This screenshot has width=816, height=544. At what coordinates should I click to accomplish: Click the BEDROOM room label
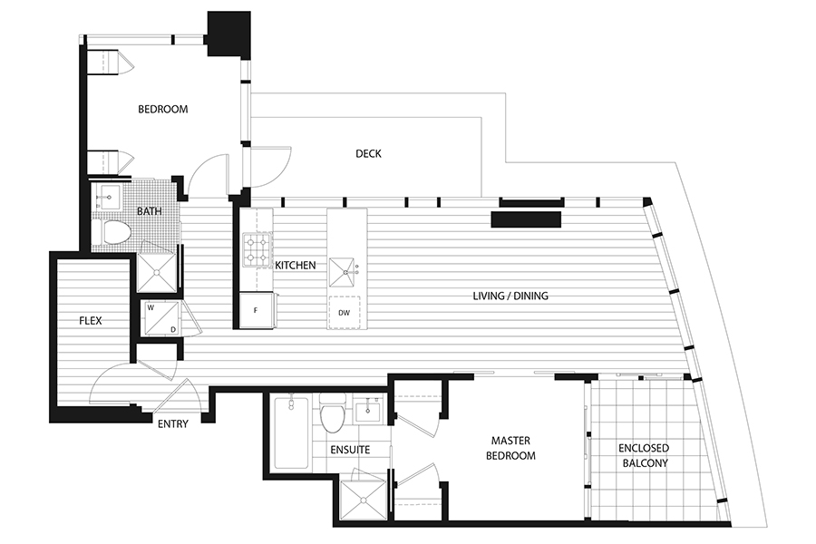(163, 110)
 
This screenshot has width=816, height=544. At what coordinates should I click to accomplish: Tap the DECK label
(368, 153)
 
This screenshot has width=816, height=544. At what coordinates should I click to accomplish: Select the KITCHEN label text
(295, 265)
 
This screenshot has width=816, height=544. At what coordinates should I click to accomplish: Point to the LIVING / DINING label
(510, 296)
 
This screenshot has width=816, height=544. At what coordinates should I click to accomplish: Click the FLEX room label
(91, 321)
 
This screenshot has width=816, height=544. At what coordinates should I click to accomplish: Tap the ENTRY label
(173, 423)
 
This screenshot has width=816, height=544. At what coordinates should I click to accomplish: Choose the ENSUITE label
(350, 450)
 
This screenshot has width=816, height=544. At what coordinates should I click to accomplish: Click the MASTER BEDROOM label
(510, 448)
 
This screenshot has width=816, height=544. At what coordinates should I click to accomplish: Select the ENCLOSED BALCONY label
(645, 455)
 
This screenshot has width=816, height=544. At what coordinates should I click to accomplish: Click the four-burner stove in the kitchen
(258, 248)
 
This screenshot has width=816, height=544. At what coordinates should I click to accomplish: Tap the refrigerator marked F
(256, 311)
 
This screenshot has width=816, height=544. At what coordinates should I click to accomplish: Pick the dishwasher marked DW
(344, 312)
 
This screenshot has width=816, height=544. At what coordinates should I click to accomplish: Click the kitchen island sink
(342, 271)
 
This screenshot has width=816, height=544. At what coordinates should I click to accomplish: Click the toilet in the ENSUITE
(333, 413)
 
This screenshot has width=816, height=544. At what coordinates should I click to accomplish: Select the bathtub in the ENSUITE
(291, 433)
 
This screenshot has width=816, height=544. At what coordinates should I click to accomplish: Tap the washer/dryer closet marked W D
(162, 318)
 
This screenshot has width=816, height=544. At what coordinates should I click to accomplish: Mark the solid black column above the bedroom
(229, 34)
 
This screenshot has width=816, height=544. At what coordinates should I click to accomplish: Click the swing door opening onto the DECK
(270, 167)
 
